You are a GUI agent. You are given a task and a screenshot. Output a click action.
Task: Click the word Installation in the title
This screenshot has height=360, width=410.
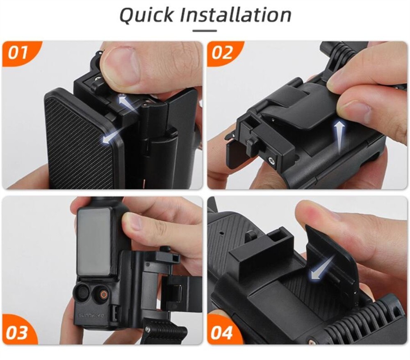point(236,15)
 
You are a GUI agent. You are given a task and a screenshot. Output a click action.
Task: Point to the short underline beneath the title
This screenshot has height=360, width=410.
point(205,30)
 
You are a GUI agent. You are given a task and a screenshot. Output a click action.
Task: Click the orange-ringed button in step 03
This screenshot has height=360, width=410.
point(102,294)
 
